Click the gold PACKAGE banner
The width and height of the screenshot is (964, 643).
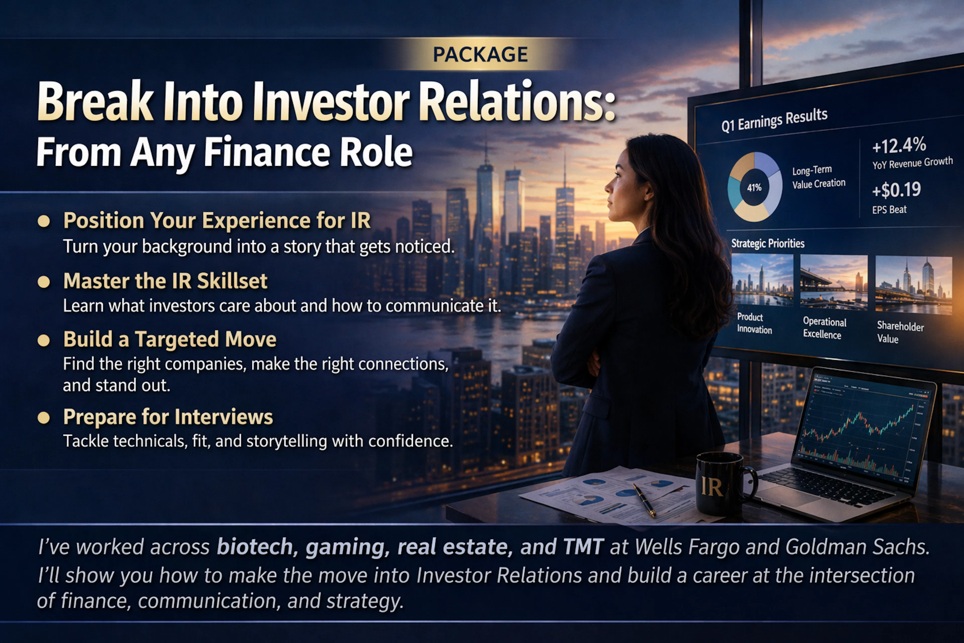point(480,54)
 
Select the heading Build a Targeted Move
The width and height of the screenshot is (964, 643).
point(170,340)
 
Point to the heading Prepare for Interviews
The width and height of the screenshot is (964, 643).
point(168,417)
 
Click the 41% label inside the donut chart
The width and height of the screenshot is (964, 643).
point(754,187)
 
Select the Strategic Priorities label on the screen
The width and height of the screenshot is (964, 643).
point(768,244)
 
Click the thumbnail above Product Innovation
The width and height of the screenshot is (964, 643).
point(762,280)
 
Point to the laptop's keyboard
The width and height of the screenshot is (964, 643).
point(824,488)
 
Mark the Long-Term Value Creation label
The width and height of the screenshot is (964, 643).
point(818,177)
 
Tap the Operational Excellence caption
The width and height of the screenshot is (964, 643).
point(824,328)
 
